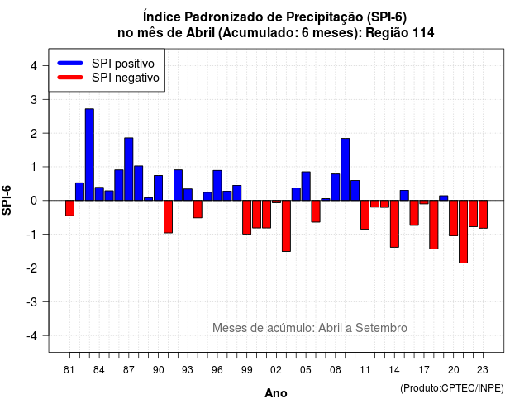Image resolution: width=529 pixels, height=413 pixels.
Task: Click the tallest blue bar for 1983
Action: pyautogui.click(x=89, y=154)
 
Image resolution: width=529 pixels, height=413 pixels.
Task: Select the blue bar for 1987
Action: pyautogui.click(x=129, y=169)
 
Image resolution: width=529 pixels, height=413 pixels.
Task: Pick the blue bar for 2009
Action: pyautogui.click(x=346, y=169)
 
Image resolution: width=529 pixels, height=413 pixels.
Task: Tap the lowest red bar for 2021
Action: pyautogui.click(x=463, y=231)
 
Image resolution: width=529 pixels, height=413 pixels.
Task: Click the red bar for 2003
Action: pyautogui.click(x=286, y=225)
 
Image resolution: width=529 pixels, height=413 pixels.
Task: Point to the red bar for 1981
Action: pyautogui.click(x=69, y=208)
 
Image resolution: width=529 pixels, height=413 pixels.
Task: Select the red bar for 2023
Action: pyautogui.click(x=483, y=215)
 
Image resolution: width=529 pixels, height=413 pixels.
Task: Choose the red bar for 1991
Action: pyautogui.click(x=168, y=216)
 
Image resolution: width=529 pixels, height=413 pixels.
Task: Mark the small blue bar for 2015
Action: pyautogui.click(x=404, y=196)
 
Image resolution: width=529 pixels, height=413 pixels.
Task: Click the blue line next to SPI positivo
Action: pyautogui.click(x=70, y=63)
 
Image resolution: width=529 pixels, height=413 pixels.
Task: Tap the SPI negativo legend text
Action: pyautogui.click(x=125, y=78)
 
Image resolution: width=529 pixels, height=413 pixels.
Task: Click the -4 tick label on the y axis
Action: pyautogui.click(x=32, y=335)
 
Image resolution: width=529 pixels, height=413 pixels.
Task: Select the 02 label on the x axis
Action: pyautogui.click(x=276, y=370)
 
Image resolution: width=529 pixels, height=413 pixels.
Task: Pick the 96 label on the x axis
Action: pyautogui.click(x=217, y=370)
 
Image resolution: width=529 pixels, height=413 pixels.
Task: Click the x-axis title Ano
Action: pyautogui.click(x=276, y=393)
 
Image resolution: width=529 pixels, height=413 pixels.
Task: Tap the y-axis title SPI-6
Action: pyautogui.click(x=7, y=200)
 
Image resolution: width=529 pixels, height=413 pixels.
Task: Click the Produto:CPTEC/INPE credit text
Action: pyautogui.click(x=452, y=388)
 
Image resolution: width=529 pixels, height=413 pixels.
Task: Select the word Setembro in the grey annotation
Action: pyautogui.click(x=381, y=328)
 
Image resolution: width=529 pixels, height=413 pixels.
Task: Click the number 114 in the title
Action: pyautogui.click(x=423, y=33)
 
